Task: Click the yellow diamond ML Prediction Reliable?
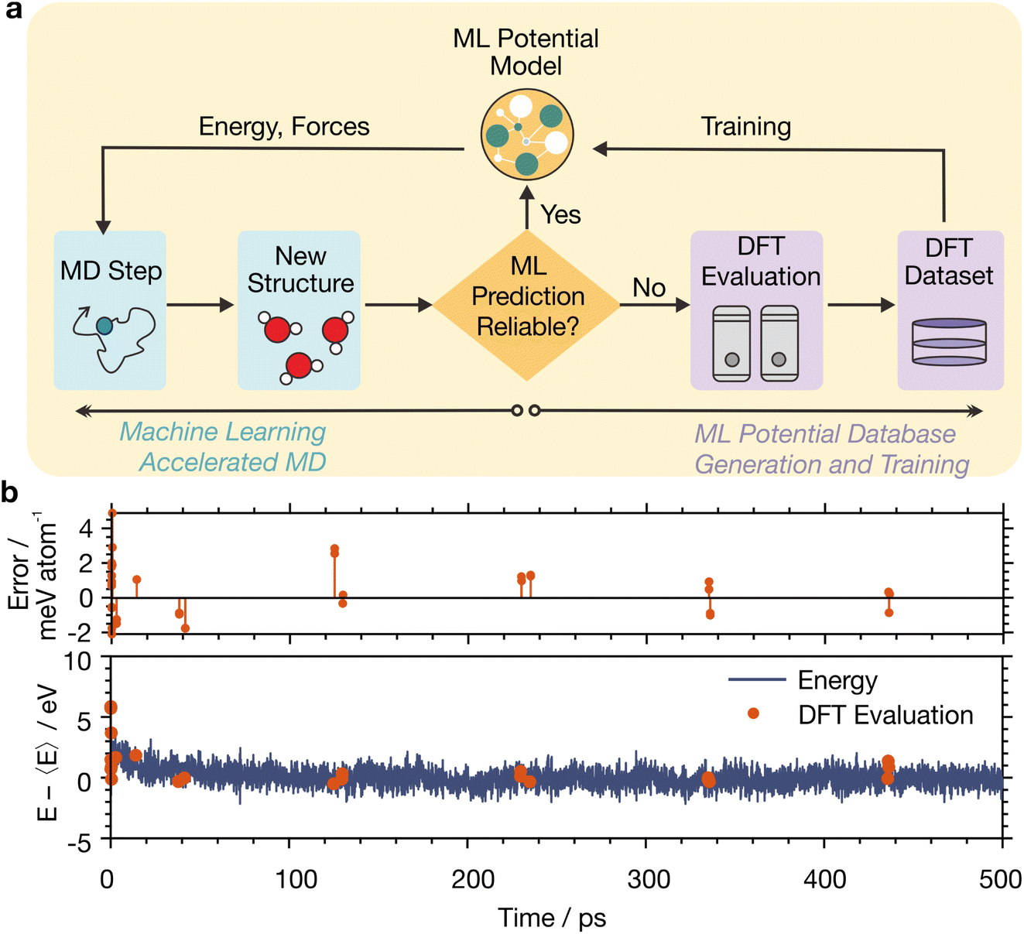click(527, 305)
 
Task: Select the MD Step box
click(110, 310)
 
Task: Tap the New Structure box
click(299, 310)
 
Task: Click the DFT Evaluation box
click(756, 310)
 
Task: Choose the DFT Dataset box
click(950, 310)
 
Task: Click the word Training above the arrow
click(745, 127)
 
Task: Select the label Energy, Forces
click(284, 127)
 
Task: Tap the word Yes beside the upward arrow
click(560, 214)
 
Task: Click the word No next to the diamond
click(649, 288)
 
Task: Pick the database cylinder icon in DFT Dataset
click(949, 342)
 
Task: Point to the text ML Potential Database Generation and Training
click(830, 449)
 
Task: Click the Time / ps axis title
click(552, 918)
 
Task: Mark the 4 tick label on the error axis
click(85, 529)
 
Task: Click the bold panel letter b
click(10, 492)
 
